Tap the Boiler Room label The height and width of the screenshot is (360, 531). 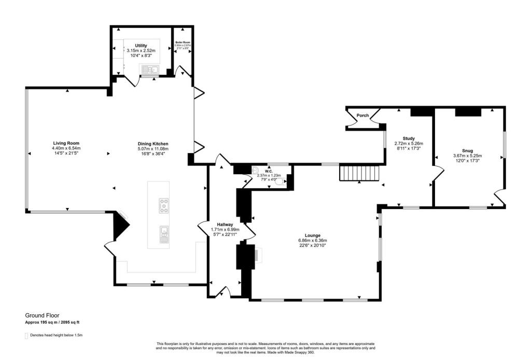pos(183,43)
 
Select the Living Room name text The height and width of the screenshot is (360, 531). pos(66,143)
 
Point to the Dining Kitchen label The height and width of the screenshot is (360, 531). pos(153,144)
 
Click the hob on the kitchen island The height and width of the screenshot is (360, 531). pos(164,205)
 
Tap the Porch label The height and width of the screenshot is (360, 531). pos(362,115)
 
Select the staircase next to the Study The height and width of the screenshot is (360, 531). pos(360,173)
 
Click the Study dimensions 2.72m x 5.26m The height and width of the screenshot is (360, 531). pos(409,144)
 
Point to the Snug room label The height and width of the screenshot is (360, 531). pos(467,150)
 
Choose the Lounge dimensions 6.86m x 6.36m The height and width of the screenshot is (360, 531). pos(312,241)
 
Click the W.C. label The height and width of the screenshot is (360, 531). pos(269,171)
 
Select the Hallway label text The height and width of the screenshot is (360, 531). pos(225,224)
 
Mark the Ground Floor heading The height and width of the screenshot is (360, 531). pos(43,315)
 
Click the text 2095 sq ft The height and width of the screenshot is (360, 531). pos(69,323)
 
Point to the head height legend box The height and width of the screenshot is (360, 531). pos(26,336)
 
